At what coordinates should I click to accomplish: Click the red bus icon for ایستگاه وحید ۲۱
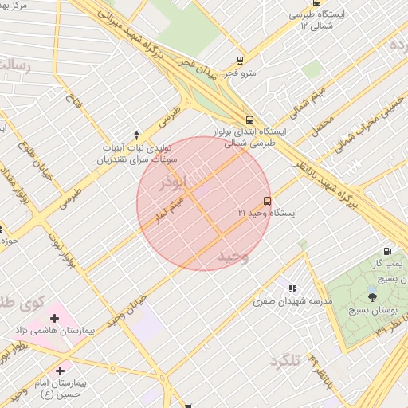click(266, 201)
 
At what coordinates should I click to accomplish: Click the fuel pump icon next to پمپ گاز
click(387, 251)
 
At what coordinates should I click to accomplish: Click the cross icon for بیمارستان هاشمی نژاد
click(54, 318)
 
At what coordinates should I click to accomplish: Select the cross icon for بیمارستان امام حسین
click(61, 371)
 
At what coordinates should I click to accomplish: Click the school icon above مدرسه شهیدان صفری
click(292, 288)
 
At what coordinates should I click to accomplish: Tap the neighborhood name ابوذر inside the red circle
click(176, 182)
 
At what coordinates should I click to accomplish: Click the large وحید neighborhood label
click(233, 256)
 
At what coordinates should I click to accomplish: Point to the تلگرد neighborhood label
click(284, 362)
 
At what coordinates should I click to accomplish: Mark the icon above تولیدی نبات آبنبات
click(136, 134)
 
